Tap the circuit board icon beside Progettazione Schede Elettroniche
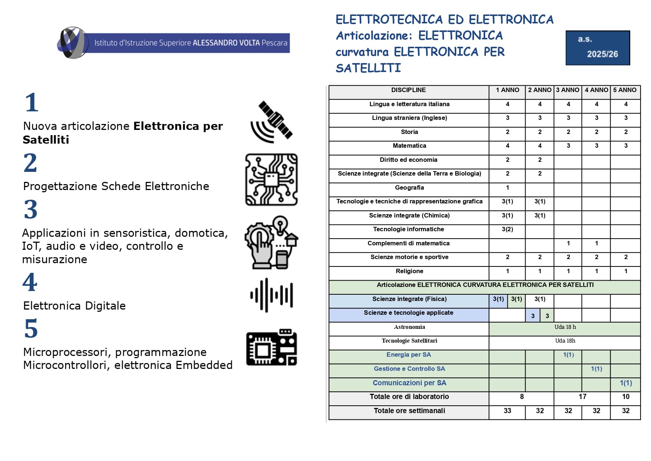pyautogui.click(x=272, y=180)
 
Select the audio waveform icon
pyautogui.click(x=272, y=295)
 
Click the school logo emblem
pyautogui.click(x=73, y=43)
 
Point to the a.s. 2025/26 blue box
pyautogui.click(x=598, y=48)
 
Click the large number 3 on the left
pyautogui.click(x=31, y=209)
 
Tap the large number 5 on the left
pyautogui.click(x=31, y=328)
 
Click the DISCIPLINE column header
pyautogui.click(x=408, y=90)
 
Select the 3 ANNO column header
pyautogui.click(x=568, y=90)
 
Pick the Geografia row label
pyautogui.click(x=409, y=188)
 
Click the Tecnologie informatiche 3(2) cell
pyautogui.click(x=507, y=229)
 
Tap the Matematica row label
pyautogui.click(x=409, y=146)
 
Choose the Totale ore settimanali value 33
pyautogui.click(x=507, y=411)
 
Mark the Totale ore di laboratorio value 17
pyautogui.click(x=582, y=397)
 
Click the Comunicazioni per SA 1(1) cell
pyautogui.click(x=626, y=383)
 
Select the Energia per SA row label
pyautogui.click(x=408, y=355)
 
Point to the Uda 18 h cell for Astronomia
pyautogui.click(x=565, y=327)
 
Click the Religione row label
pyautogui.click(x=409, y=271)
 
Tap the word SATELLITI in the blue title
pyautogui.click(x=368, y=68)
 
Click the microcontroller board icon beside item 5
pyautogui.click(x=272, y=347)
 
